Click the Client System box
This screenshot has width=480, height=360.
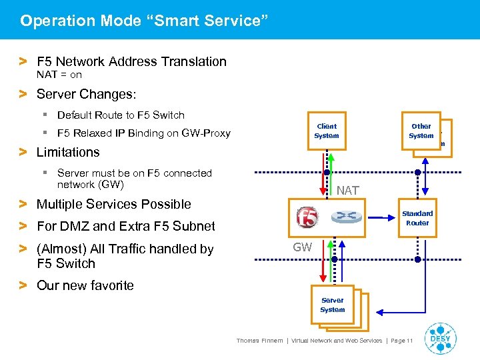(x=327, y=131)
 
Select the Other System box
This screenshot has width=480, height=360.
(x=421, y=131)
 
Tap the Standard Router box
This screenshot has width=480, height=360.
(x=417, y=218)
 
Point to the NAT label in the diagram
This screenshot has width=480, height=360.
(x=347, y=191)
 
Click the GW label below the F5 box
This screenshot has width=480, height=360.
(x=303, y=247)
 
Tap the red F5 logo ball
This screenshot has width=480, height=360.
(x=307, y=217)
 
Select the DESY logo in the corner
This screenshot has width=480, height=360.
(x=440, y=337)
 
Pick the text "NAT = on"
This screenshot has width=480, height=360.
(x=59, y=75)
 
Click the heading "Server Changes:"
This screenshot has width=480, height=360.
(x=86, y=93)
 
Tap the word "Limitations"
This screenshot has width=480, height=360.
(x=68, y=152)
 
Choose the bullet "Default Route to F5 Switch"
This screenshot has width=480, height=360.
(x=121, y=115)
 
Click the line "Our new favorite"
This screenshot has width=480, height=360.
(x=85, y=285)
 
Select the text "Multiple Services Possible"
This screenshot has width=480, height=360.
(x=113, y=204)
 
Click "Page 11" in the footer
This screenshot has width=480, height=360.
(x=401, y=341)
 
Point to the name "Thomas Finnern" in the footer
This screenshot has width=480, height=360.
(x=259, y=341)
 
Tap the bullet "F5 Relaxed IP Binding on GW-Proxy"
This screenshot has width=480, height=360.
(x=143, y=133)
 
